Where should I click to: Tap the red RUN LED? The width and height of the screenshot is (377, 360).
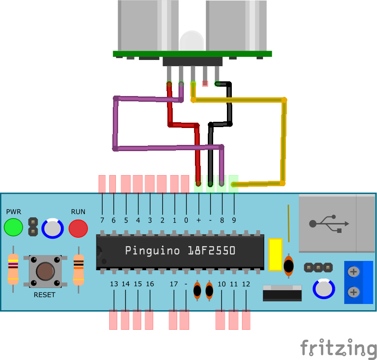tap(78, 228)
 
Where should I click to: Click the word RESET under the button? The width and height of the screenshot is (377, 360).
tap(45, 295)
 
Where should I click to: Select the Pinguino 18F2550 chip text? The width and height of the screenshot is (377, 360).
tap(180, 251)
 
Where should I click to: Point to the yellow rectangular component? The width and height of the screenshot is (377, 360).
tap(275, 254)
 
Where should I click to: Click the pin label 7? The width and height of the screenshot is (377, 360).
tap(102, 220)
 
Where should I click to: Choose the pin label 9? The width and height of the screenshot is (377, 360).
tap(234, 220)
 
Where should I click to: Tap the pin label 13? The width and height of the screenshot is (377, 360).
tap(114, 284)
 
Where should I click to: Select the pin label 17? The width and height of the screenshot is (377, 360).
tap(173, 284)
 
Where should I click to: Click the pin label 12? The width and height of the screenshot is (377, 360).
tap(246, 284)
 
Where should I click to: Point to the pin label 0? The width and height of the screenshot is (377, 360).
tap(186, 220)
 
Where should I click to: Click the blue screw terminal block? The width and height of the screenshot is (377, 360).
tap(359, 282)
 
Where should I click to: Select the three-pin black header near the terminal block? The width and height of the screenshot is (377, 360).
tap(318, 268)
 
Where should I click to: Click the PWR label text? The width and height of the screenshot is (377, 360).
tap(13, 212)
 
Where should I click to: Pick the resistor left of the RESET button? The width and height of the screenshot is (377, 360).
tap(13, 269)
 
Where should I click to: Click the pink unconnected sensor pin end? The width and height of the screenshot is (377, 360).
tap(205, 83)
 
